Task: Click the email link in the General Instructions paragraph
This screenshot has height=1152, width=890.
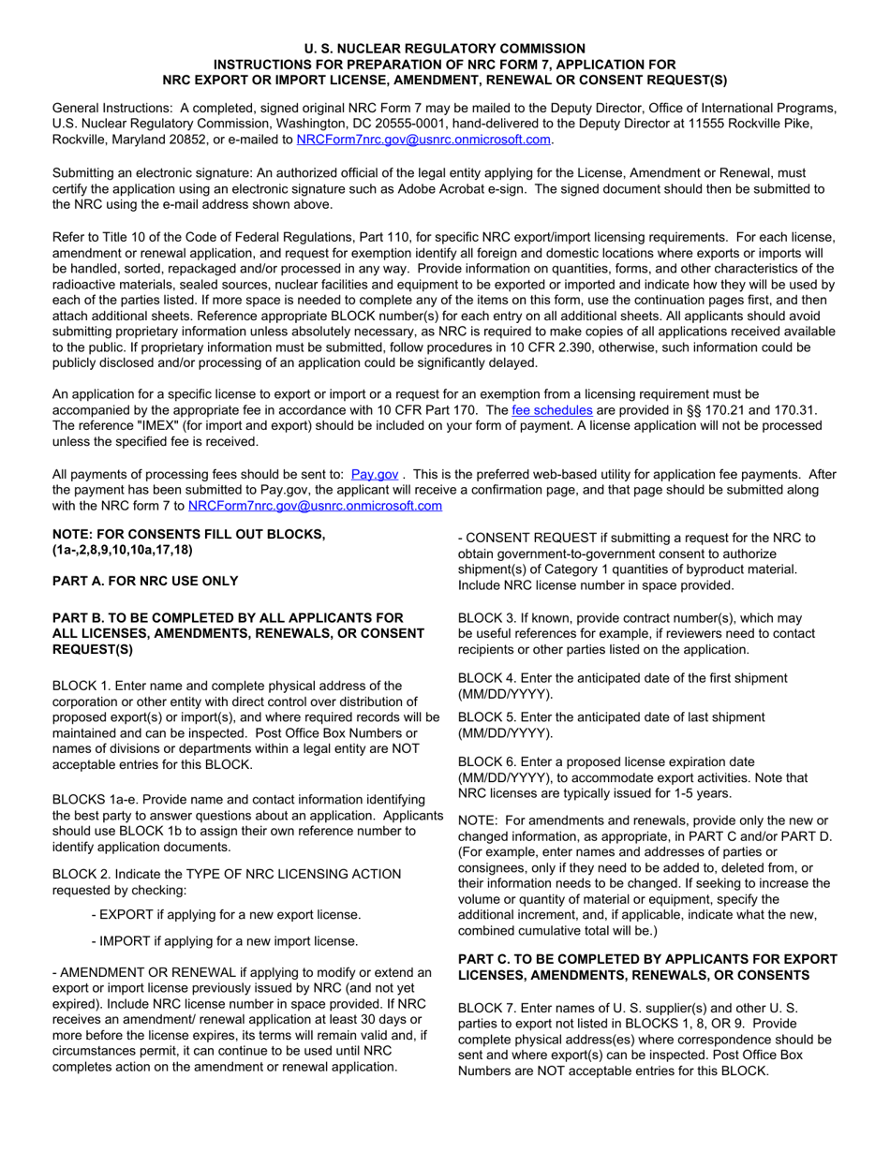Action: (423, 140)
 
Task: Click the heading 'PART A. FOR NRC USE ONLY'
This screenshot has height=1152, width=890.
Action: (145, 581)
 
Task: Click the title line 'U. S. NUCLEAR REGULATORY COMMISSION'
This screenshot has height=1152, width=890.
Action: (445, 48)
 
